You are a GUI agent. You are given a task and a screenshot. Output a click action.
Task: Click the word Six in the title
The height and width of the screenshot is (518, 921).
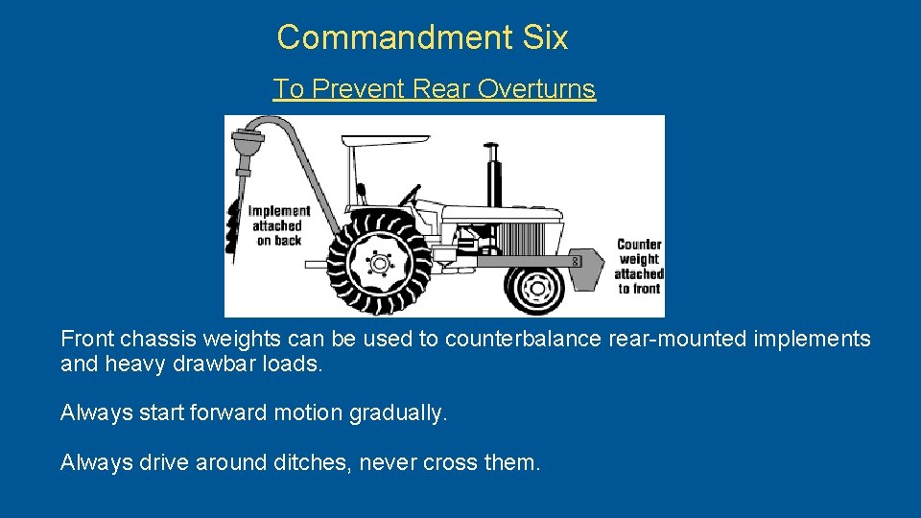coord(546,37)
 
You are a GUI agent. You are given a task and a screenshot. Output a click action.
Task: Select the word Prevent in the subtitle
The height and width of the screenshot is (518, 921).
coord(360,89)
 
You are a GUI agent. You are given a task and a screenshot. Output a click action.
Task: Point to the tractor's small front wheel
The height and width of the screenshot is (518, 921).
coord(535,287)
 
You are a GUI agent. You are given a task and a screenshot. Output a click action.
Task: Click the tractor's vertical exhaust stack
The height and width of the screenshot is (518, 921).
coord(495,177)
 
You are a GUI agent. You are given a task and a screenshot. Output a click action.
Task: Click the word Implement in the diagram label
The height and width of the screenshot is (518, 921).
coord(279,211)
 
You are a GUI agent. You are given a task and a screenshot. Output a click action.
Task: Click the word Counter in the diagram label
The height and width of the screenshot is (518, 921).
coord(639,245)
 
